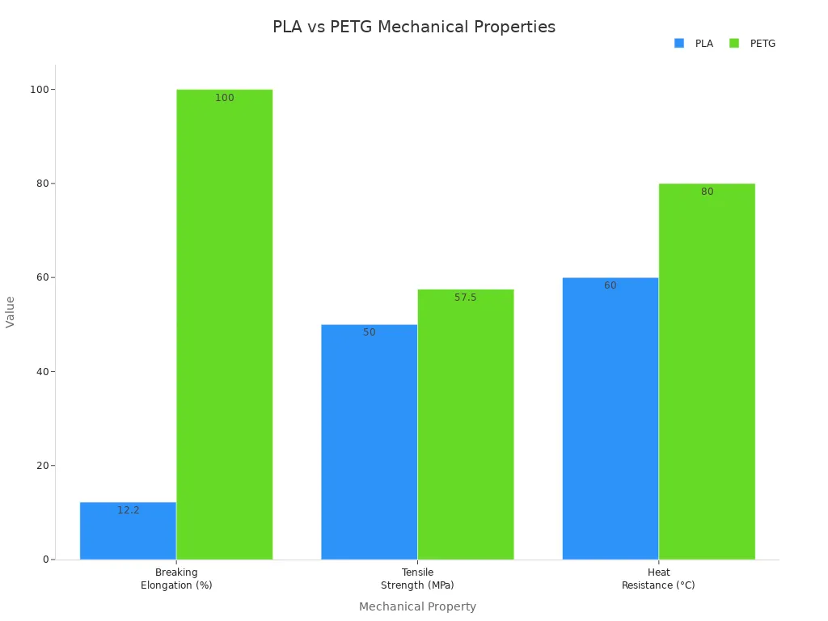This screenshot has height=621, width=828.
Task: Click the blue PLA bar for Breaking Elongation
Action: click(x=128, y=534)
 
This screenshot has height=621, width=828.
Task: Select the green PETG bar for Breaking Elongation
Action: click(x=224, y=323)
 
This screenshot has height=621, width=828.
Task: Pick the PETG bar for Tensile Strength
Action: click(x=465, y=425)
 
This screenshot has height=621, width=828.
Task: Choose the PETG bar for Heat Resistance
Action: click(x=706, y=371)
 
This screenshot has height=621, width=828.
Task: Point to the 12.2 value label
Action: click(x=128, y=510)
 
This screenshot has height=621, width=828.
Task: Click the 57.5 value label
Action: click(x=465, y=298)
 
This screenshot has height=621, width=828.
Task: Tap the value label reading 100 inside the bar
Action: click(x=224, y=98)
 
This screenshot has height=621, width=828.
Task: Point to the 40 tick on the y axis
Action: click(x=42, y=371)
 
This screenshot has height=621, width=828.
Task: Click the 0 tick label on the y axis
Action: click(x=46, y=560)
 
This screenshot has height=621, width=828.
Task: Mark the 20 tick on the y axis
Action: click(x=42, y=466)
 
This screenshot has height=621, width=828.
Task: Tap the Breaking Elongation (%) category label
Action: click(x=176, y=579)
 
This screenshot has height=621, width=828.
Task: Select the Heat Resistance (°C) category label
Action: click(x=658, y=579)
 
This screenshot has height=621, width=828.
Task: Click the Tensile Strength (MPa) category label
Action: click(x=417, y=579)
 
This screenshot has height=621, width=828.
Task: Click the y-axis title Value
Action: click(x=11, y=311)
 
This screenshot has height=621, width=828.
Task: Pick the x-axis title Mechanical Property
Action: click(x=417, y=606)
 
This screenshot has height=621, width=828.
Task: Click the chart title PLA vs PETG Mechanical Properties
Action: click(x=414, y=27)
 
